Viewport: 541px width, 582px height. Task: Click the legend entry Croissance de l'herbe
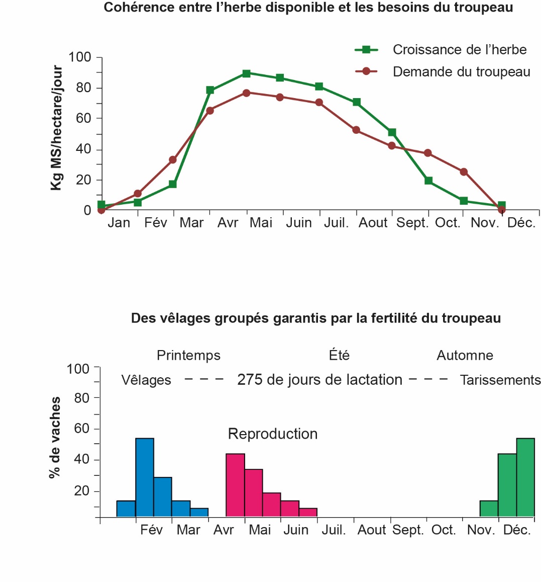tap(459, 50)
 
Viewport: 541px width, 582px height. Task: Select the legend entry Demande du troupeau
tap(461, 72)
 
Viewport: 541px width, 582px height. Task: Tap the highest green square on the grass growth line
tap(246, 73)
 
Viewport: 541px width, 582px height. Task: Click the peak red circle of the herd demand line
tap(246, 93)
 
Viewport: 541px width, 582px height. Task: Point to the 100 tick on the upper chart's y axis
tap(80, 57)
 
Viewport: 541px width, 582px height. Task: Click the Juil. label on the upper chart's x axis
tap(336, 223)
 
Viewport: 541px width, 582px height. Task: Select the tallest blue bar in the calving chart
tap(145, 477)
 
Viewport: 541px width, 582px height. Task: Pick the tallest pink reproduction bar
tap(235, 485)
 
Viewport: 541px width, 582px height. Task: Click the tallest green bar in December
tap(525, 477)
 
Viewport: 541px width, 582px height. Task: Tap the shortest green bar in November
tap(489, 509)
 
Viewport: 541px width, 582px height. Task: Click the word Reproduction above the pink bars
tap(273, 434)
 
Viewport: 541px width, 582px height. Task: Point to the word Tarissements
tap(500, 380)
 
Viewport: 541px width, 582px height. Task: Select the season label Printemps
tap(188, 356)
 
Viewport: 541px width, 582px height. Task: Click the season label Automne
tap(465, 356)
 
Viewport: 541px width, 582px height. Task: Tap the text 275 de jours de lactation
tap(319, 380)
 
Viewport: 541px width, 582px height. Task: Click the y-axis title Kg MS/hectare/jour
tap(57, 128)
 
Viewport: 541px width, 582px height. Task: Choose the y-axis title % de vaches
tap(55, 437)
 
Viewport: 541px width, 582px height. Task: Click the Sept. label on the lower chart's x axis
tap(408, 530)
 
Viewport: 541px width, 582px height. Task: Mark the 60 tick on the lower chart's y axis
tap(81, 429)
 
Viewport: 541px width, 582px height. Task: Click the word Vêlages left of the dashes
tap(146, 380)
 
